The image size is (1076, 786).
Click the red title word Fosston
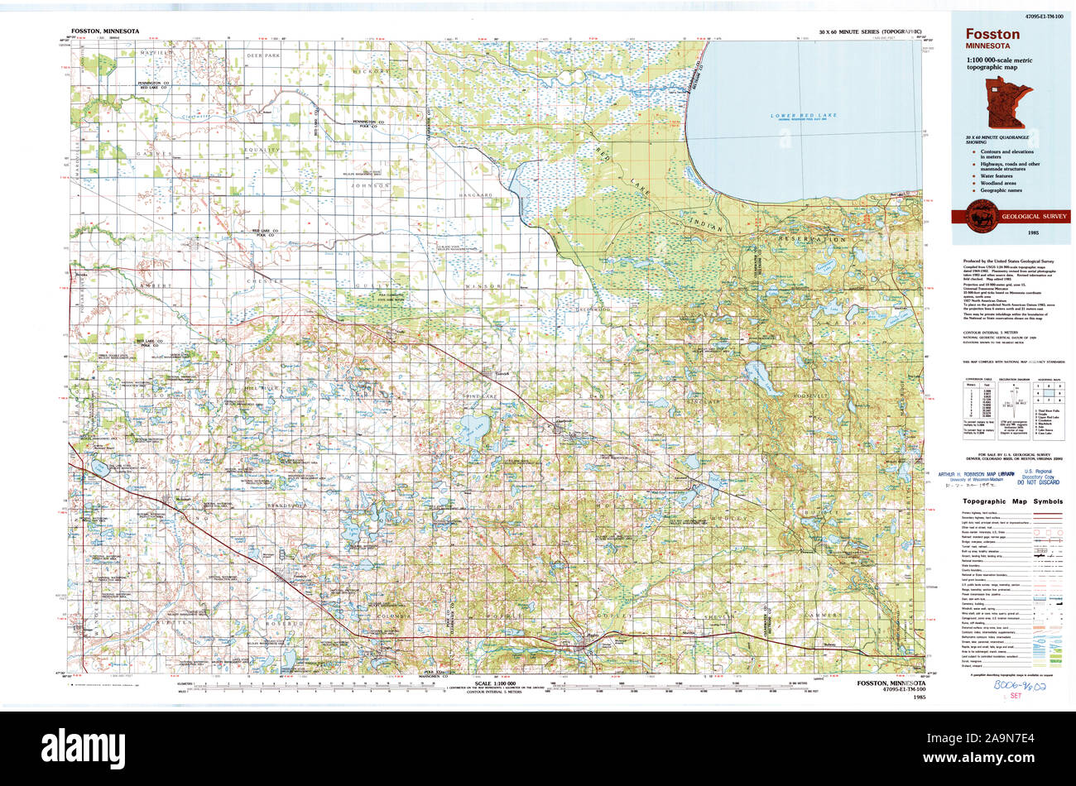coord(992,35)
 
